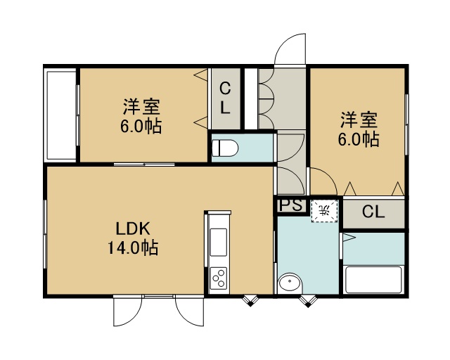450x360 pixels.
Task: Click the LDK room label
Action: click(x=133, y=229)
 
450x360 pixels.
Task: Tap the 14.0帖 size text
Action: click(x=133, y=247)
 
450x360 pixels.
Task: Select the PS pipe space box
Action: click(x=290, y=205)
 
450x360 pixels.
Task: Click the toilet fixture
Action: click(x=225, y=148)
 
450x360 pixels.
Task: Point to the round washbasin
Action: click(x=290, y=283)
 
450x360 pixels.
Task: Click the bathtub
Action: click(x=373, y=280)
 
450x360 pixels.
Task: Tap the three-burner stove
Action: click(x=219, y=278)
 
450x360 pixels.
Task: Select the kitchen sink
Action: click(x=219, y=241)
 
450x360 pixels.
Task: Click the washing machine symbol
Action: click(x=325, y=211)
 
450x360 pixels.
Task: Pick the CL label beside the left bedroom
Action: click(x=225, y=98)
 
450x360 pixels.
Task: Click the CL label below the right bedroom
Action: click(x=373, y=212)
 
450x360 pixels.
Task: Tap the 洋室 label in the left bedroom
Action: click(x=141, y=106)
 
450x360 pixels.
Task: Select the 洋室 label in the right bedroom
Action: click(x=359, y=120)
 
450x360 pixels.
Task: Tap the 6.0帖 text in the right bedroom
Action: click(x=359, y=139)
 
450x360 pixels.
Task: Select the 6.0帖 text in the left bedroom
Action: click(x=141, y=126)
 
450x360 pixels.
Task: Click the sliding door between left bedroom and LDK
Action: click(x=144, y=165)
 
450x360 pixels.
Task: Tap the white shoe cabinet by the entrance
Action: click(x=251, y=98)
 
